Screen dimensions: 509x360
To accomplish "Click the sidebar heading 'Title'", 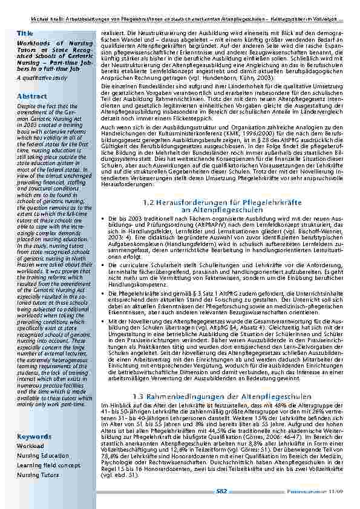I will pos(25,33).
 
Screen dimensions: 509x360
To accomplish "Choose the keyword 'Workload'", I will pos(30,446).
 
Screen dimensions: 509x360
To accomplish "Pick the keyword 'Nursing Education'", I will pos(43,456).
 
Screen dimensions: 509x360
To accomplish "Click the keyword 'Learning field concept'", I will pos(48,465).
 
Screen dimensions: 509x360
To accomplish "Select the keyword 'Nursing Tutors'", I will pos(38,475).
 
